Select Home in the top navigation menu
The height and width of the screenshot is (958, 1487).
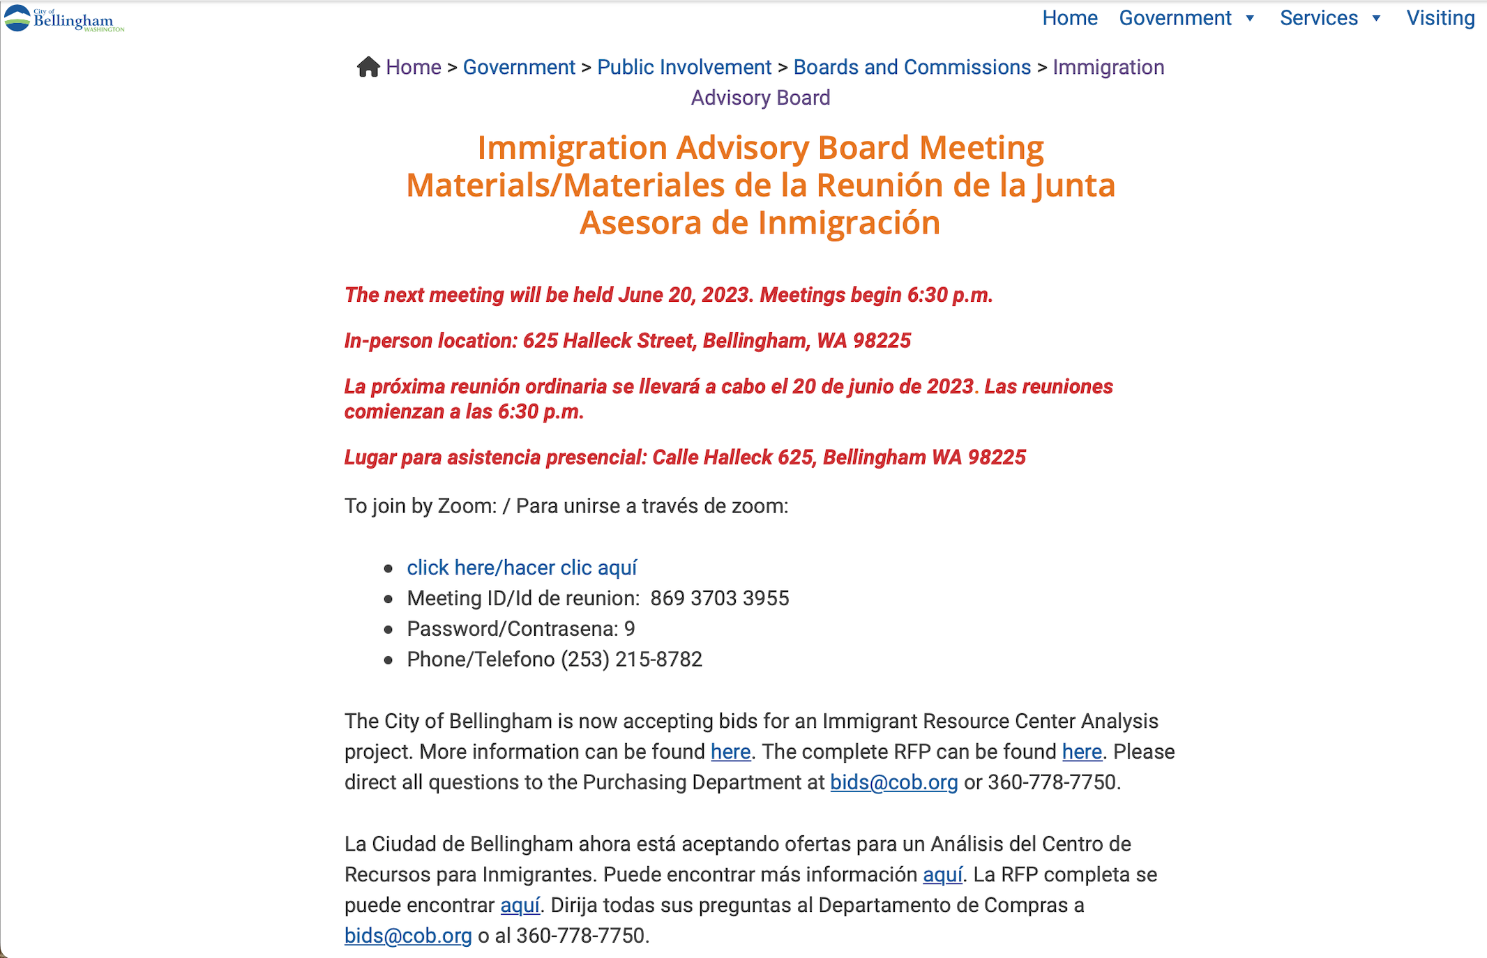[1069, 18]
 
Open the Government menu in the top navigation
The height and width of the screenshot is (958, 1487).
[1175, 18]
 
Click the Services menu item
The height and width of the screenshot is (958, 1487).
[1318, 18]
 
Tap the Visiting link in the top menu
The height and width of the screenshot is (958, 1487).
[1440, 18]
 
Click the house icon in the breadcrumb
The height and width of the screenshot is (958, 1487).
[368, 67]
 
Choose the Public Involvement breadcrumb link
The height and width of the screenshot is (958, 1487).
[684, 67]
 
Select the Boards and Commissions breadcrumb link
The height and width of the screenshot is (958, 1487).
[912, 67]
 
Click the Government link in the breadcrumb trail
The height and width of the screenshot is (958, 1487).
[519, 67]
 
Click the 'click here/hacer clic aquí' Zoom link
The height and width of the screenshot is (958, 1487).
[522, 568]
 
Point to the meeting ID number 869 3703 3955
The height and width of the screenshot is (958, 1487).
[720, 598]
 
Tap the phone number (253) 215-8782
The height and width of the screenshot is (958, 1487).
[631, 660]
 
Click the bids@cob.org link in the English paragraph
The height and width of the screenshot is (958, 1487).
[893, 782]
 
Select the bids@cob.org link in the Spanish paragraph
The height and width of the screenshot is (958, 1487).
[408, 936]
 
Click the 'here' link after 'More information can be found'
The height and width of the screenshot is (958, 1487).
[730, 752]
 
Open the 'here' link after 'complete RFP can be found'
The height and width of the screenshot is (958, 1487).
[1082, 752]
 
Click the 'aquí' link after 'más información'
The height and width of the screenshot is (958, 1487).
[942, 874]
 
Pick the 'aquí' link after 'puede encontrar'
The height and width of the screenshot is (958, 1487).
[520, 905]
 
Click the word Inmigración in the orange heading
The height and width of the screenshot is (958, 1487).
[849, 223]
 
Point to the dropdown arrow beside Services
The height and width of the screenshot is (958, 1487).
[1376, 19]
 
